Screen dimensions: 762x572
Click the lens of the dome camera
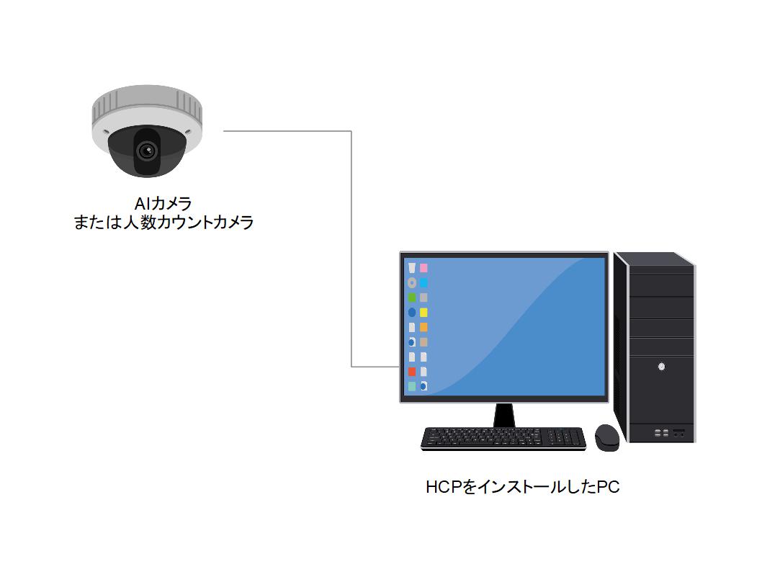148,151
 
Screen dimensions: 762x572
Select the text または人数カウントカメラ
163,223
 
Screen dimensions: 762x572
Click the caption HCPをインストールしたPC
522,488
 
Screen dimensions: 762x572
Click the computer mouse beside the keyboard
607,437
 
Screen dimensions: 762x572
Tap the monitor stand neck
504,415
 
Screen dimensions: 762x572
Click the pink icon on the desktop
424,268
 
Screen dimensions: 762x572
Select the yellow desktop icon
424,313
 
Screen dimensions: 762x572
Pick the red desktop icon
412,372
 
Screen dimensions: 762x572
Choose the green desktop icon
412,298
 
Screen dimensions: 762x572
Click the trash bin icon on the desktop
412,268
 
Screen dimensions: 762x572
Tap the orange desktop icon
424,327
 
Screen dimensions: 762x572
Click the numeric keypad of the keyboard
565,437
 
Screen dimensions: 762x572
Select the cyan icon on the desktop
424,282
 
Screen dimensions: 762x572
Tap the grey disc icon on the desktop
412,282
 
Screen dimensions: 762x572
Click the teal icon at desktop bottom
412,387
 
